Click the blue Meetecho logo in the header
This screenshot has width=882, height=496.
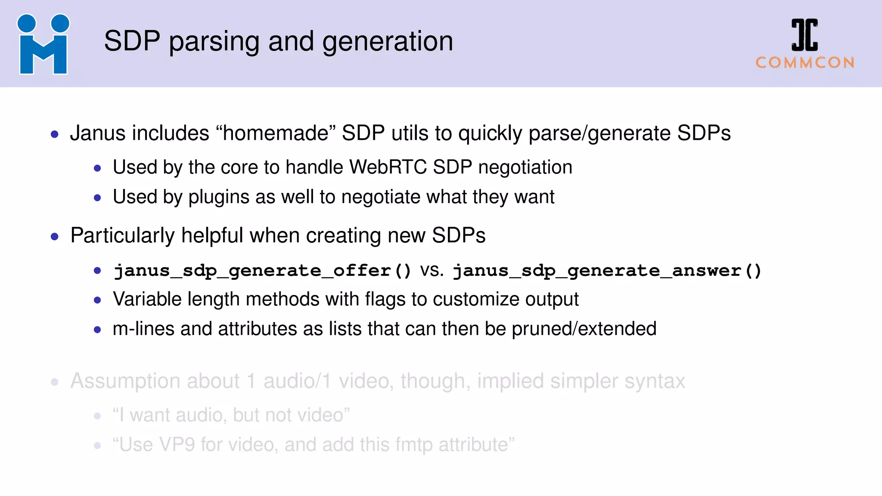point(43,44)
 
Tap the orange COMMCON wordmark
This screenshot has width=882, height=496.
point(804,63)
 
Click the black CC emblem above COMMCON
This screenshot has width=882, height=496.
point(804,35)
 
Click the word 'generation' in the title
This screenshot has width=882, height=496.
point(387,42)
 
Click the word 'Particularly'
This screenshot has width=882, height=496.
point(122,236)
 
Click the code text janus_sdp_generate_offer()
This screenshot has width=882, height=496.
point(262,271)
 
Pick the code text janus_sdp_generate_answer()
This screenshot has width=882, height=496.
point(607,271)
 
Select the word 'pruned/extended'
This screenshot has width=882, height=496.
point(584,329)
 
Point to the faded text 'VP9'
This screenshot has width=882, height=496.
point(177,445)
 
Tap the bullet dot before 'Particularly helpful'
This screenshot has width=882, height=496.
point(55,236)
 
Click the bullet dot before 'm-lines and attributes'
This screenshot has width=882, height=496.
point(98,330)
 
